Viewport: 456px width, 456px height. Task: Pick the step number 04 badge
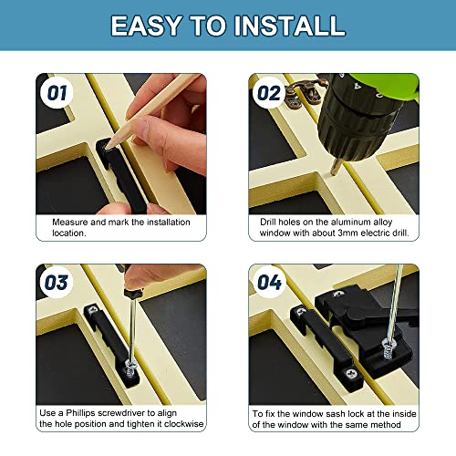(x=269, y=282)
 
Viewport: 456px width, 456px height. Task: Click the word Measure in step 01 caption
(x=71, y=222)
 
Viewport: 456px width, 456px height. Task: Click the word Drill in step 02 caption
(x=264, y=222)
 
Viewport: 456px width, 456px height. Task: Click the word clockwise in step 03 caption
(x=182, y=426)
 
